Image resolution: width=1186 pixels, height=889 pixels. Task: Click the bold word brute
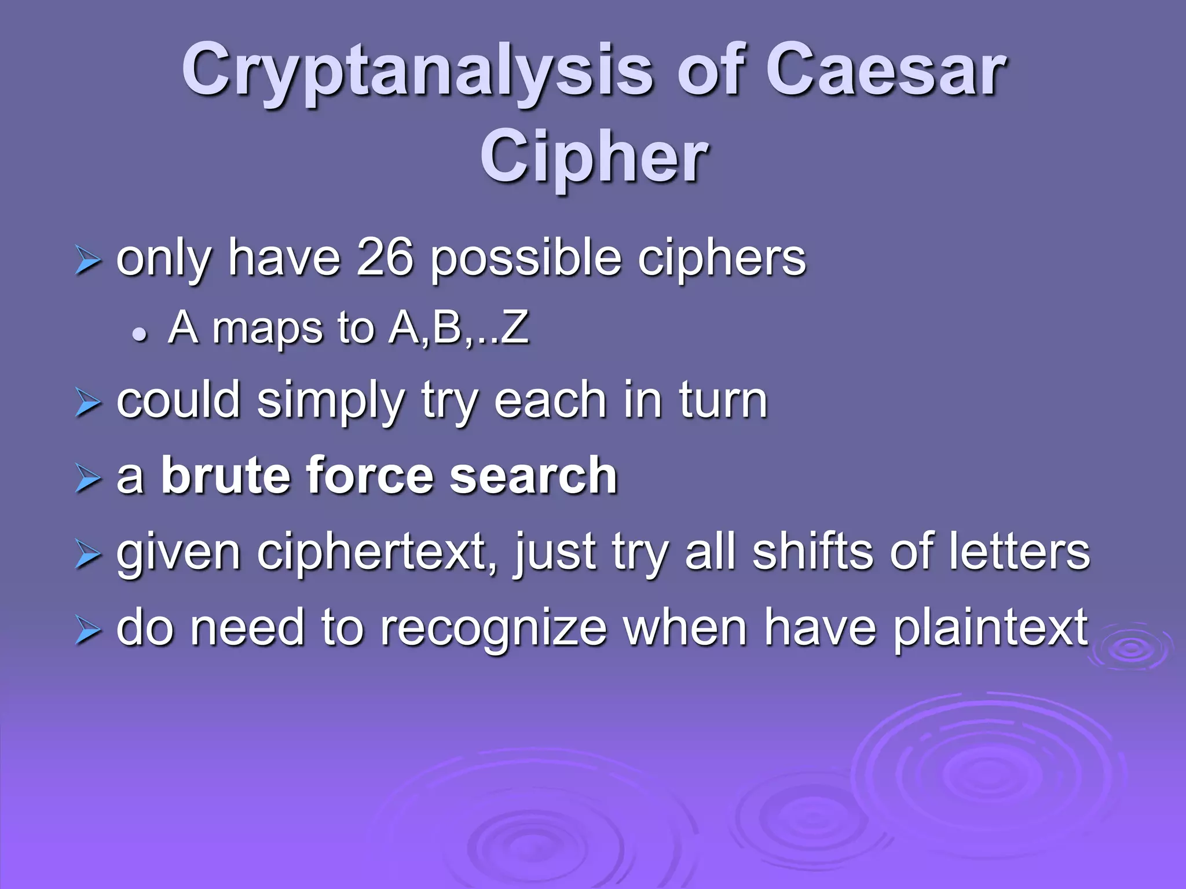click(x=225, y=476)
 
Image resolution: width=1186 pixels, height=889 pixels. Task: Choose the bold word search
click(x=533, y=476)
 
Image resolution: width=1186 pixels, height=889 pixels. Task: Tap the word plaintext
click(x=990, y=629)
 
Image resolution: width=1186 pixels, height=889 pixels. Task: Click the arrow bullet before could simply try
click(x=88, y=403)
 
